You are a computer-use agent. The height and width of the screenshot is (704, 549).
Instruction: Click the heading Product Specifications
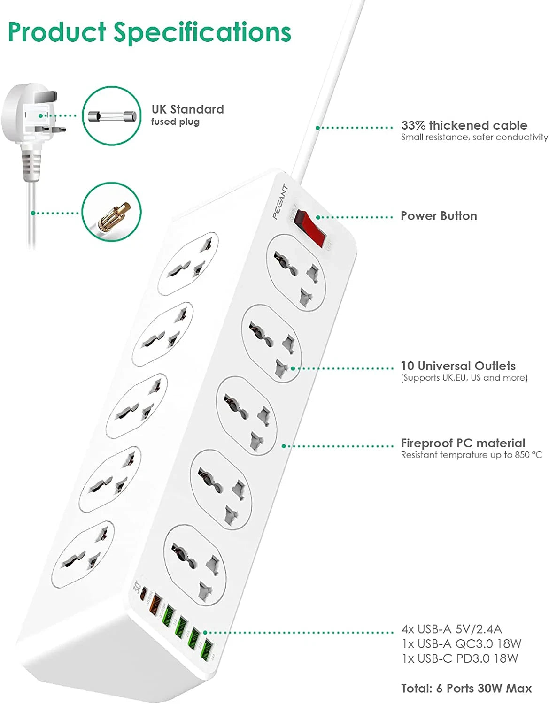149,32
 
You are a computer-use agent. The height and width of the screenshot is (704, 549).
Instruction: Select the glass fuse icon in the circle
112,116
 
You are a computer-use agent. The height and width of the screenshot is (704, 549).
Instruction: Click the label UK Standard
187,109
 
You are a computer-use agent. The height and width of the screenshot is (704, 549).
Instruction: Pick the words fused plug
175,122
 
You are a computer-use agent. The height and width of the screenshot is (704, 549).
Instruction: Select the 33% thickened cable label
464,125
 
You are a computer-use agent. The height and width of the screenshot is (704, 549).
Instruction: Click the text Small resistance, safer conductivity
474,137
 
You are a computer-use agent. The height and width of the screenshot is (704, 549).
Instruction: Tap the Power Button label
438,216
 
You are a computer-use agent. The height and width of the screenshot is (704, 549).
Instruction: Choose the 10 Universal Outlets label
458,366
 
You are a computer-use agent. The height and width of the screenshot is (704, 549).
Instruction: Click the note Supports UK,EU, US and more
464,378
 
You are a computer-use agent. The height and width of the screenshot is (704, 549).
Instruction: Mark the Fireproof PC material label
463,443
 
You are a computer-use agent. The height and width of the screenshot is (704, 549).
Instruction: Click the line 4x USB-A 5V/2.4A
451,629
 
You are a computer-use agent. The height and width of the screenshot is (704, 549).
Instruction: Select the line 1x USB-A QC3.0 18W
461,643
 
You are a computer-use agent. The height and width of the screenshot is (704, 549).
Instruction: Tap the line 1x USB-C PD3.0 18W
460,658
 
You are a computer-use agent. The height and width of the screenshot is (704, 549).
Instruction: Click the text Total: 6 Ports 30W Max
466,689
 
